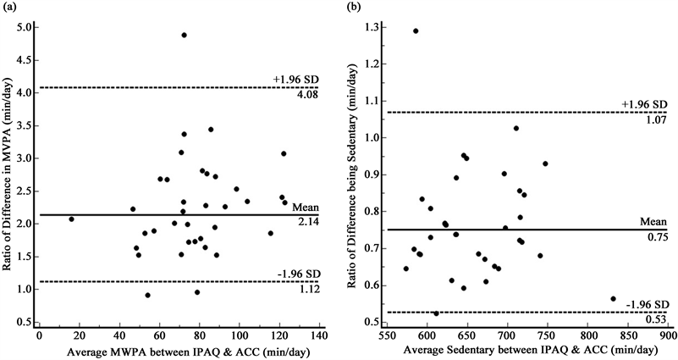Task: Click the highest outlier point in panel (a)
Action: (184, 36)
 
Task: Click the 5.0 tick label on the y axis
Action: (25, 27)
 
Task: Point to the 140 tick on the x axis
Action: (318, 336)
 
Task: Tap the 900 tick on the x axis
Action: (668, 336)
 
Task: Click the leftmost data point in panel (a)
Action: (71, 219)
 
